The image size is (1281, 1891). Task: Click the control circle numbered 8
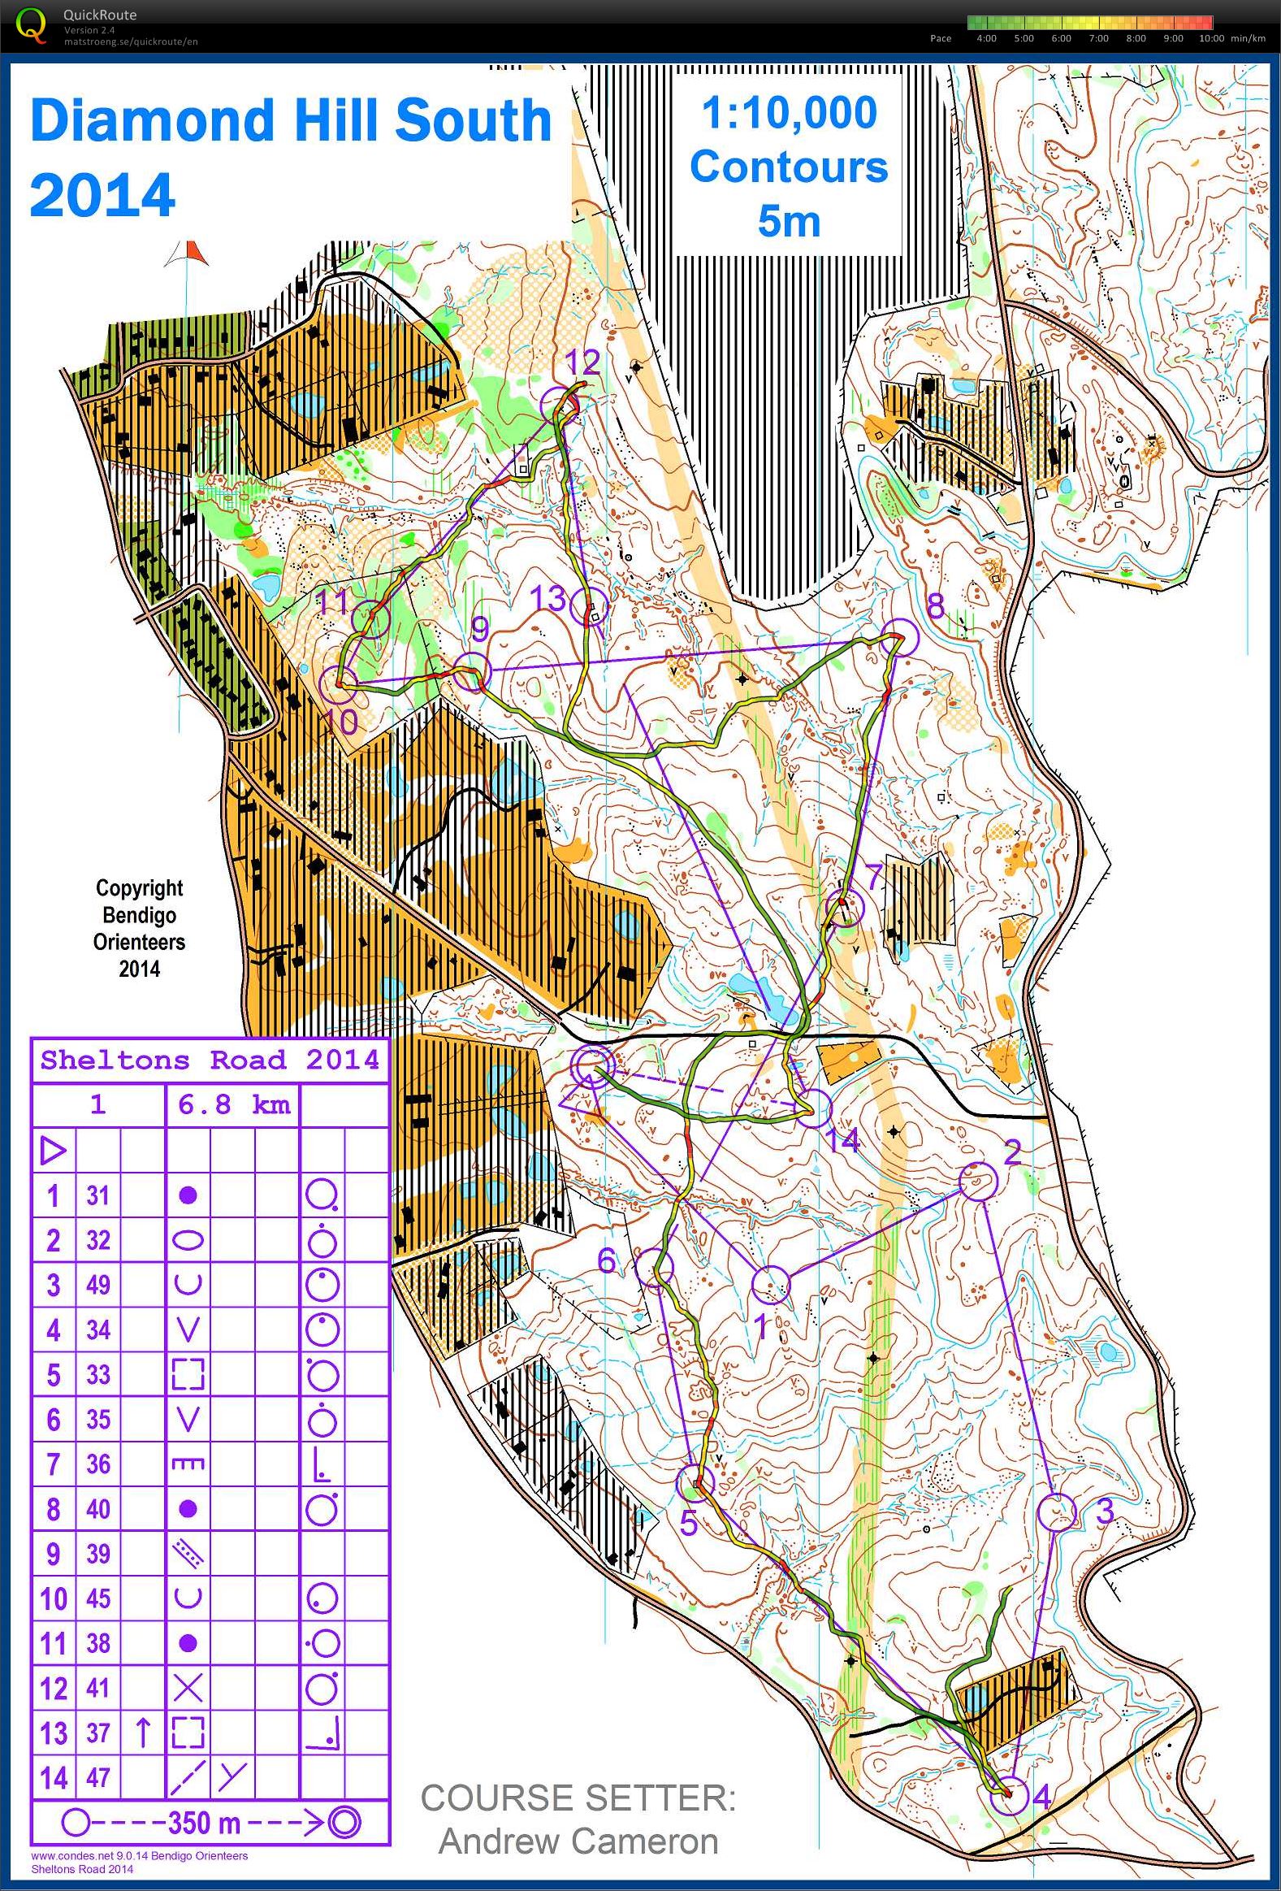[x=900, y=637]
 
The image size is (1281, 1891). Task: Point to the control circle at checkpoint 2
[x=978, y=1182]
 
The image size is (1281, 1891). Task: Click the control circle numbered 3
[x=1058, y=1512]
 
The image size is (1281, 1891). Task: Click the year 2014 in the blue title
[x=102, y=195]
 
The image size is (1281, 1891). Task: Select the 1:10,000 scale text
[x=789, y=113]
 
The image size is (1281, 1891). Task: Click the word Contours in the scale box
[x=789, y=167]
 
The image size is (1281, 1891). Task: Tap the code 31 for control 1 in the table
[x=97, y=1195]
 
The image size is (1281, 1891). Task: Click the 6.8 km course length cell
[x=233, y=1105]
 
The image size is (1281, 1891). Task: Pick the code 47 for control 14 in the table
[x=97, y=1777]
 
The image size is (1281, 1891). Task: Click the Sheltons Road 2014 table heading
[x=210, y=1060]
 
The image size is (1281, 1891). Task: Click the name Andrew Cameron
[x=578, y=1841]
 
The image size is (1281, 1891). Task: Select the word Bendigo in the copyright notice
[x=139, y=914]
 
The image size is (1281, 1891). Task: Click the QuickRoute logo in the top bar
[x=32, y=25]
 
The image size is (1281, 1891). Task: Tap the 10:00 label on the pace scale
[x=1211, y=38]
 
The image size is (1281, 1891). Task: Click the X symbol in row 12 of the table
[x=188, y=1689]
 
